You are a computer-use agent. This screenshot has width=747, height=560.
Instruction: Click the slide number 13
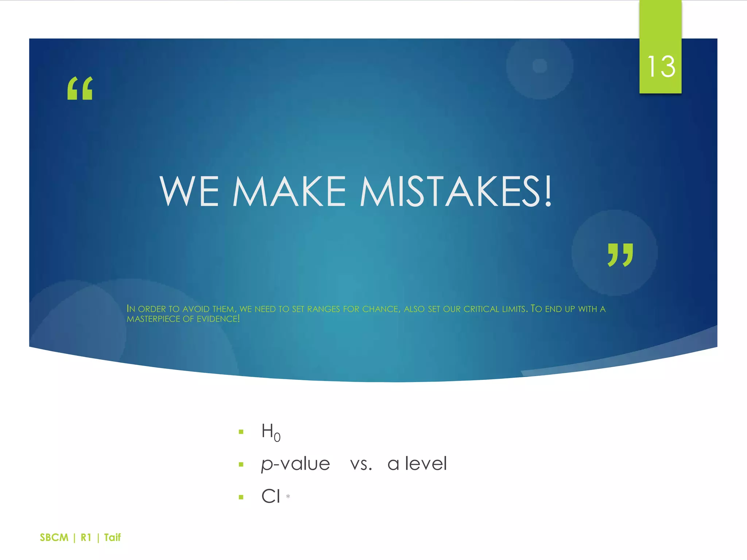(661, 67)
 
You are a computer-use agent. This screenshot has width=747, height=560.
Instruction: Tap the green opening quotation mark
(80, 88)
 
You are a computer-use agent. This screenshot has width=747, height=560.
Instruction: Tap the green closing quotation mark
(620, 255)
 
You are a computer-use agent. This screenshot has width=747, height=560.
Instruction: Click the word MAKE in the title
(289, 191)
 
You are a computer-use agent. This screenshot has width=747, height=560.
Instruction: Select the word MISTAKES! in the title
(456, 191)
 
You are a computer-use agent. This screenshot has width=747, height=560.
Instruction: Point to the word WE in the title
(189, 191)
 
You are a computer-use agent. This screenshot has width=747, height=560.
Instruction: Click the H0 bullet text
(271, 432)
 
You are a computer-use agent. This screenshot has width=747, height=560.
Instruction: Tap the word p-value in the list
(295, 464)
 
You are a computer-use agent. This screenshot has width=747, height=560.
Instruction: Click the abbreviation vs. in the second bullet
(361, 464)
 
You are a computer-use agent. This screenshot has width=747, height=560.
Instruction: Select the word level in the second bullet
(426, 464)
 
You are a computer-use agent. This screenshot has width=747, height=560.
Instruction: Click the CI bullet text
(271, 497)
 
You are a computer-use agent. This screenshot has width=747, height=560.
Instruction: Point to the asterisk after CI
(288, 496)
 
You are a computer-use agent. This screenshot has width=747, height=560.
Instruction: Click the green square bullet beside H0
(241, 432)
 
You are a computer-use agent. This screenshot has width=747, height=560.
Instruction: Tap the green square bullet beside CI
(241, 497)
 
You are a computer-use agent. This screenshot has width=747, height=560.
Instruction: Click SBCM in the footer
(54, 537)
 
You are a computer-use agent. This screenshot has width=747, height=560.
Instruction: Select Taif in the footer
(112, 537)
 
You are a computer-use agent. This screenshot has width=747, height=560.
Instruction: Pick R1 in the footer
(86, 537)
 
